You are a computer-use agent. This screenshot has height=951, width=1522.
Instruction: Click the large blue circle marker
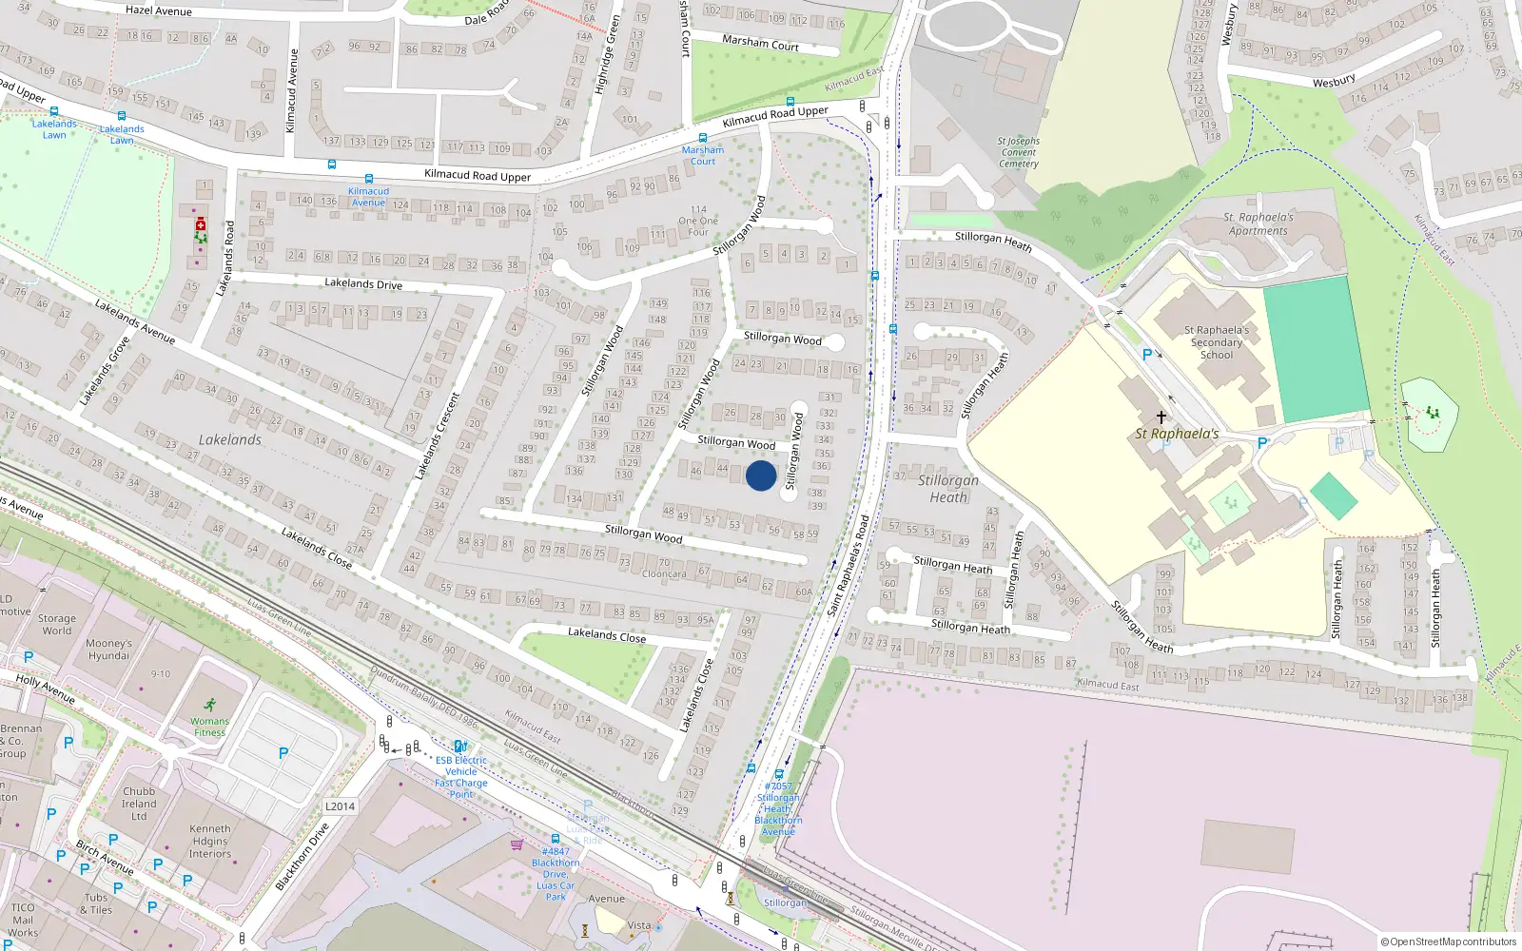coord(761,475)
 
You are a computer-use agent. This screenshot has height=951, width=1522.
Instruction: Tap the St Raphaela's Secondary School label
coord(1217,342)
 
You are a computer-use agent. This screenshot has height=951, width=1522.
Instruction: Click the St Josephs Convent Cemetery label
coord(1019,152)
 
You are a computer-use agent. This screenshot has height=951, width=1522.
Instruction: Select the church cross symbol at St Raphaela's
coord(1161,417)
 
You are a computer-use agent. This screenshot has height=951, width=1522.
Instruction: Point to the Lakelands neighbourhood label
coord(230,439)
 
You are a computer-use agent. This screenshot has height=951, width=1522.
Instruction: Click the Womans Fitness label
coord(209,727)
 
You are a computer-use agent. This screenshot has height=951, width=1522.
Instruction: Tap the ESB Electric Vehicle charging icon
coord(460,747)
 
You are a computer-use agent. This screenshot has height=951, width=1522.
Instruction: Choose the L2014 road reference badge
coord(340,806)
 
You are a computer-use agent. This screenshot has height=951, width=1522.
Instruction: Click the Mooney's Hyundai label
coord(108,650)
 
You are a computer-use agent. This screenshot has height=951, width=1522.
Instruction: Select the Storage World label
coord(56,624)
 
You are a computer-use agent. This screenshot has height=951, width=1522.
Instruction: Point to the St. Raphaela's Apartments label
coord(1258,223)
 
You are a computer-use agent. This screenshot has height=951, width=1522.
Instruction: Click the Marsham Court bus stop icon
coord(703,138)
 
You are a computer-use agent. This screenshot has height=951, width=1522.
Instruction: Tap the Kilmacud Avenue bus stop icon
coord(368,179)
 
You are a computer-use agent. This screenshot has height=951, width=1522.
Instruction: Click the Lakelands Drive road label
coord(363,283)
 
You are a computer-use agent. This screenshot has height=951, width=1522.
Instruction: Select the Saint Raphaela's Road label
coord(849,565)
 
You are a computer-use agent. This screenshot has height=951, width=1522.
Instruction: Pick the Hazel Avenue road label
coord(159,10)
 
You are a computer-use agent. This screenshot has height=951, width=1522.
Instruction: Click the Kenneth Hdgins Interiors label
coord(209,841)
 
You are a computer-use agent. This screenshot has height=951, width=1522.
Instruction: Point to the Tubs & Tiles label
coord(96,903)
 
